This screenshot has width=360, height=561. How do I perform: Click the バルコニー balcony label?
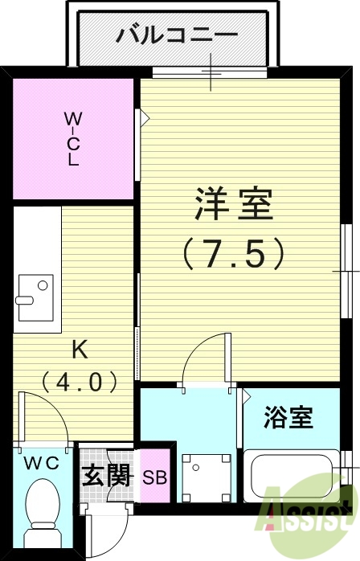point(178,35)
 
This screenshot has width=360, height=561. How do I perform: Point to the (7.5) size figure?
point(234,254)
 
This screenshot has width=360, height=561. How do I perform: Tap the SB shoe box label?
point(154,477)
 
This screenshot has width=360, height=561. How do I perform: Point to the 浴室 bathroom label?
point(288,418)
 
